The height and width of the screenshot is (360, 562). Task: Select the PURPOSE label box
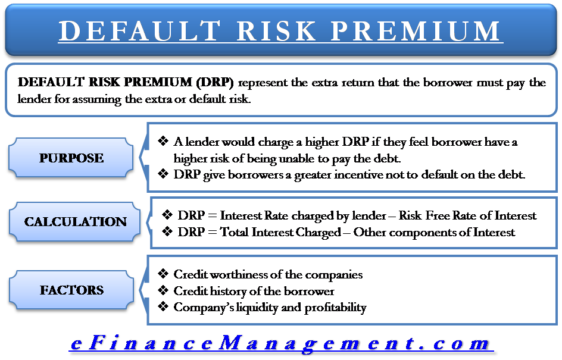coord(71,158)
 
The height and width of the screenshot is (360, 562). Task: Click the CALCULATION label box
coord(76,222)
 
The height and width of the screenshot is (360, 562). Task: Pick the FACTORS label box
coord(71,290)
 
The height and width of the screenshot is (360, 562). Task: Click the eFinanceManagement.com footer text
coord(281,343)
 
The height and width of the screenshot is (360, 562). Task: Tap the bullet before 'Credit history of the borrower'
coord(163,291)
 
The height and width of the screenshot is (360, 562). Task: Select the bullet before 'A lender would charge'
coord(163,142)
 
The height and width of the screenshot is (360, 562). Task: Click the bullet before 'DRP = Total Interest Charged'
coord(167,231)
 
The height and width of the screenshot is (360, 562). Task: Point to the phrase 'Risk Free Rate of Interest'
coord(467,215)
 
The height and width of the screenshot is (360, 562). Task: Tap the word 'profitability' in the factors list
coord(335,308)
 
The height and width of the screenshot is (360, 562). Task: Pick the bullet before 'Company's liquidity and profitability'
coord(163,308)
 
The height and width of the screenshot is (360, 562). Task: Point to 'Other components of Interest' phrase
coord(434,232)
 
